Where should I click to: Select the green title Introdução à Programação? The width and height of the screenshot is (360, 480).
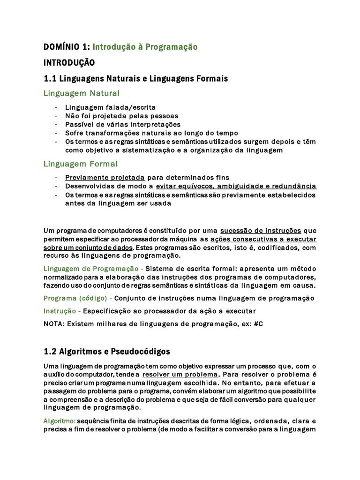click(x=145, y=47)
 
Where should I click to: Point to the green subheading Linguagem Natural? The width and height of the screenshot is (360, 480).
click(x=81, y=93)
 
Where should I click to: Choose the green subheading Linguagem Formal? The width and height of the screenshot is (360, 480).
click(x=80, y=164)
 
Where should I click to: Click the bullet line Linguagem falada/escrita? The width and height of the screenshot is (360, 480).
click(x=110, y=107)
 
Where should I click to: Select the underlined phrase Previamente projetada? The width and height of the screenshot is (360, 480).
click(x=105, y=178)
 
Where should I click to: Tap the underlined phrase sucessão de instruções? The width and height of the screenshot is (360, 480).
click(x=260, y=230)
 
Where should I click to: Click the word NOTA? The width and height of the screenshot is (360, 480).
click(x=54, y=324)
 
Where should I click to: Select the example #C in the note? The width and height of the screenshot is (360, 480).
click(x=257, y=324)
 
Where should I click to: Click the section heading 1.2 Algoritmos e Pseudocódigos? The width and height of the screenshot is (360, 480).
click(x=107, y=351)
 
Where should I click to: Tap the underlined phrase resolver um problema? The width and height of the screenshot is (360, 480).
click(x=180, y=375)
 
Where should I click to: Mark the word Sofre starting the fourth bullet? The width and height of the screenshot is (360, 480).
click(x=75, y=133)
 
